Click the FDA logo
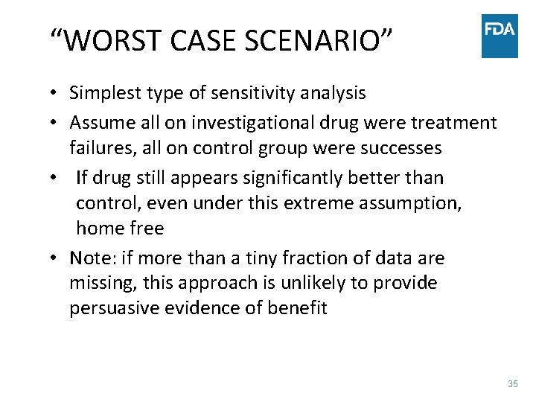(500, 36)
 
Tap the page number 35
(512, 383)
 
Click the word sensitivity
(249, 93)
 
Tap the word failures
(99, 147)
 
